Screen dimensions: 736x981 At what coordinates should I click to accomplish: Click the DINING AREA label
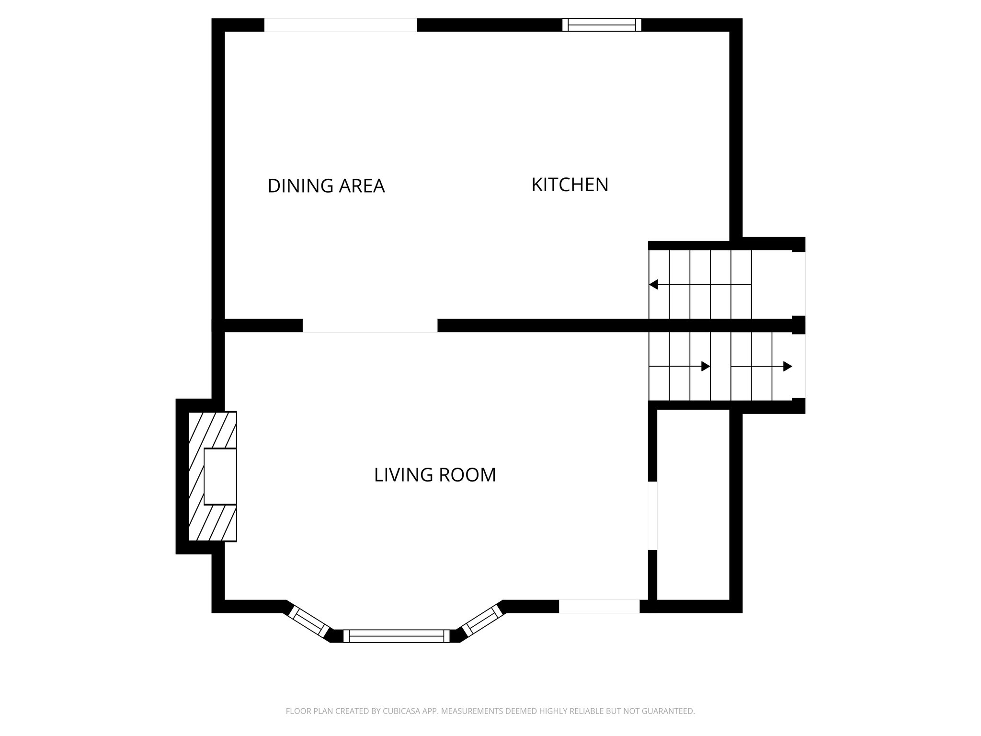click(x=326, y=186)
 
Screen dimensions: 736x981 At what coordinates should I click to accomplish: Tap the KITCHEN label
click(x=570, y=185)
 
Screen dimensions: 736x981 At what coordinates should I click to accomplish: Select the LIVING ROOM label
click(x=434, y=475)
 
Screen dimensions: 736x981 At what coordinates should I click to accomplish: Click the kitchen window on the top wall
click(x=602, y=25)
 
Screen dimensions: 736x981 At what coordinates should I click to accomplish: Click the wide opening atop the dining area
click(x=341, y=25)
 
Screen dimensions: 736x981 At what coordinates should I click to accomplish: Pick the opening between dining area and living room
click(x=370, y=325)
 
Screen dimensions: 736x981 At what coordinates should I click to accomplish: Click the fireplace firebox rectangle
click(x=220, y=476)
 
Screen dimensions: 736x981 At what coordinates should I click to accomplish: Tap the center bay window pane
click(x=397, y=636)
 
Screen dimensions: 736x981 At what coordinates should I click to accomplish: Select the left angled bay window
click(x=310, y=621)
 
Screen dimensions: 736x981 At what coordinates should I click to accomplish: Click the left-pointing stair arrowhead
click(x=653, y=284)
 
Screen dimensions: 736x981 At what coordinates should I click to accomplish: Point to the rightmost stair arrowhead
click(x=787, y=367)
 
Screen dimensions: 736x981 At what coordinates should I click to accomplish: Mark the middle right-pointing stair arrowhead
click(x=705, y=367)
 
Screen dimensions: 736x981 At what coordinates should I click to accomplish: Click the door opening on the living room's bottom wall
click(x=599, y=606)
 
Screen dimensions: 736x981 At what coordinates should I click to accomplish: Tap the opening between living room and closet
click(x=652, y=516)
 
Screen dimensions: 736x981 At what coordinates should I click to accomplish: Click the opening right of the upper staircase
click(x=798, y=284)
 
